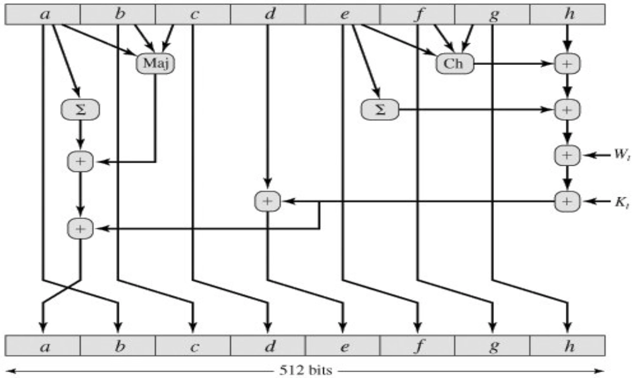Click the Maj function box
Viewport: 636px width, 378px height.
[155, 63]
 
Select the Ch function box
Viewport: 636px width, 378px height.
[454, 63]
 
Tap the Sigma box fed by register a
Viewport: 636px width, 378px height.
[80, 110]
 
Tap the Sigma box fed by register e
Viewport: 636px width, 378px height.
[380, 110]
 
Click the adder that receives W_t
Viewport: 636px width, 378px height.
[567, 156]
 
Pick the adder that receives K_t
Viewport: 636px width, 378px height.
[567, 200]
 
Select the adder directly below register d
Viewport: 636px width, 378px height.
[268, 201]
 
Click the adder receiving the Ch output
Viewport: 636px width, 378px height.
[567, 63]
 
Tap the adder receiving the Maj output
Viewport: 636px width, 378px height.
[80, 161]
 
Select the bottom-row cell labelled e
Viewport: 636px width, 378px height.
[343, 346]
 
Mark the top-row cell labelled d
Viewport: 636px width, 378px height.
[268, 14]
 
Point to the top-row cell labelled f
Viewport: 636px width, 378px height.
[417, 14]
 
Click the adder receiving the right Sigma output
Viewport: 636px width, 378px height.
[567, 110]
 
